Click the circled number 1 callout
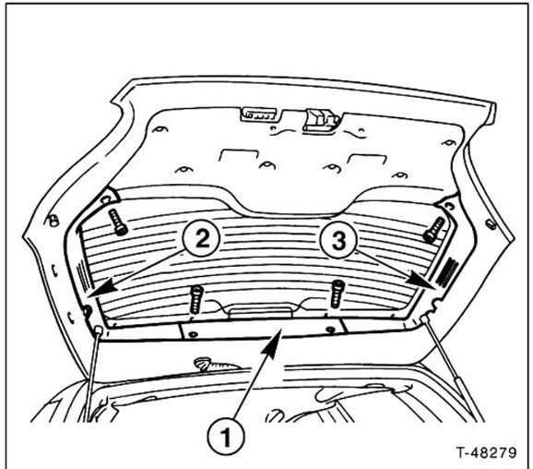(x=226, y=436)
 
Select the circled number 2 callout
(x=202, y=239)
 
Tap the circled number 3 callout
(x=338, y=239)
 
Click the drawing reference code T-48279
(x=487, y=452)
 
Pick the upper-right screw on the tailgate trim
(x=434, y=231)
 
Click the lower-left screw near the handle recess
(x=196, y=299)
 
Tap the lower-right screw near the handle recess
(x=338, y=294)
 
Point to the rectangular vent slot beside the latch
(x=261, y=114)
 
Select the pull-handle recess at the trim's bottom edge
(x=261, y=313)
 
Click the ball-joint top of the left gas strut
(x=99, y=330)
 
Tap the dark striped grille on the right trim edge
(x=445, y=271)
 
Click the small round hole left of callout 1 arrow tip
(x=193, y=334)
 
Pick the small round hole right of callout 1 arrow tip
(x=330, y=330)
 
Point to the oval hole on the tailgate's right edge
(x=492, y=224)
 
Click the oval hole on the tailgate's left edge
(x=53, y=221)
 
